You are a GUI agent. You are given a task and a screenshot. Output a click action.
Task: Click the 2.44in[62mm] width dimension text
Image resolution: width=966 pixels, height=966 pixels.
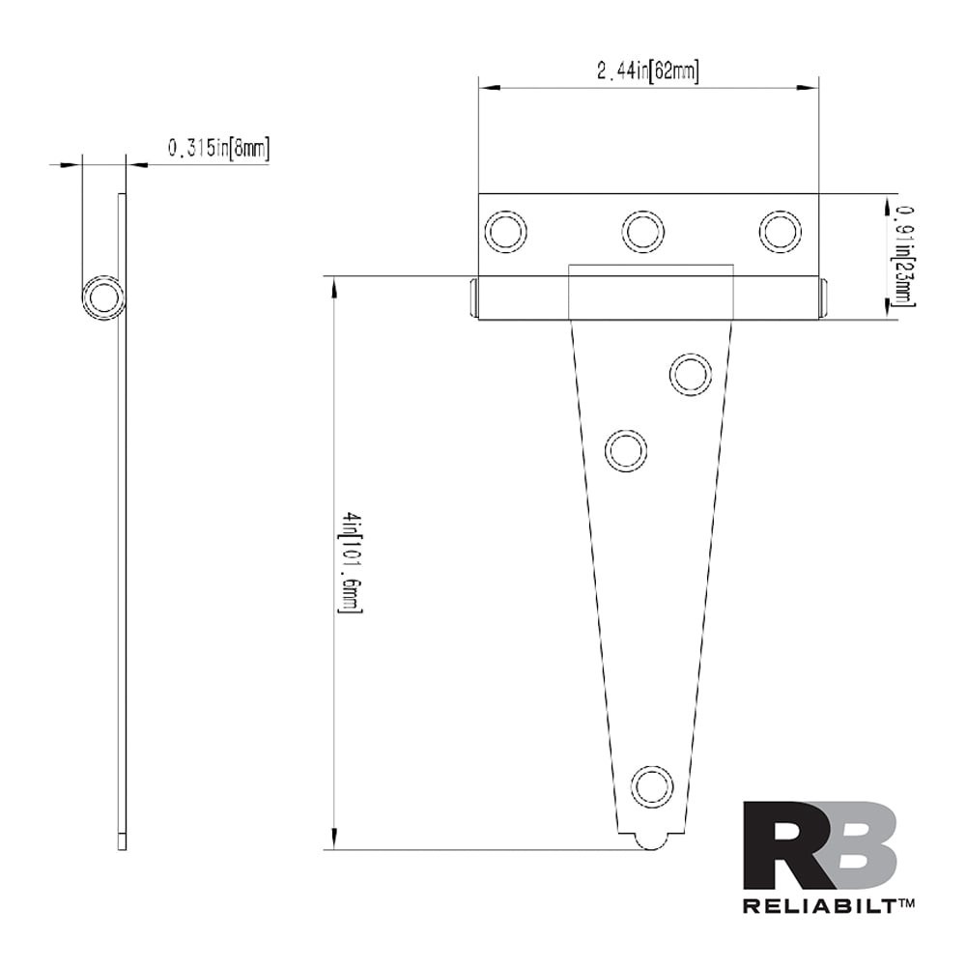coord(647,71)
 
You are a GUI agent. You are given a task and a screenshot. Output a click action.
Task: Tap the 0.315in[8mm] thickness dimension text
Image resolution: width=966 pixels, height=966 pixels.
coord(218,148)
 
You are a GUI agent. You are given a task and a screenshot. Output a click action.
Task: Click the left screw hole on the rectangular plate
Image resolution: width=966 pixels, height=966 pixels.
coord(506,232)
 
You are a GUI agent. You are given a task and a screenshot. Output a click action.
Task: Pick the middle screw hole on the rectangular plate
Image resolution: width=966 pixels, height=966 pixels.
coord(643,232)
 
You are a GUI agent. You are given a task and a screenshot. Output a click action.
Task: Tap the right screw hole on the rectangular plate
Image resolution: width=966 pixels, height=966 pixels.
coord(780,232)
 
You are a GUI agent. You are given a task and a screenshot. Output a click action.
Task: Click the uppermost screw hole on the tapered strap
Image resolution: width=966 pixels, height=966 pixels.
coord(691,374)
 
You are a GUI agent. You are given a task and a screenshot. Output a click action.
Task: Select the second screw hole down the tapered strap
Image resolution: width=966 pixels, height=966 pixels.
coord(626,451)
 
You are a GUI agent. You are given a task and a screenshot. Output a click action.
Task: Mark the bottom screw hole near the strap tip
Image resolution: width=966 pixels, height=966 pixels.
coord(652,786)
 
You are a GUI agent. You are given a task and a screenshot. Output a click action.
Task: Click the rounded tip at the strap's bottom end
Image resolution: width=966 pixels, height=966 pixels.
coord(652,842)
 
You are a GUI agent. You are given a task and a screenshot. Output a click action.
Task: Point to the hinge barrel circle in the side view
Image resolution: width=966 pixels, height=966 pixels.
coord(103,297)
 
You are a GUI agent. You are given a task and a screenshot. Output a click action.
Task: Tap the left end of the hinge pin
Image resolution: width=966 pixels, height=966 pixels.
coord(473,298)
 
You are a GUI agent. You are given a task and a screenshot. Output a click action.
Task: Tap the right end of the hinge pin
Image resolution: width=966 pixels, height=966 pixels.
coord(823,298)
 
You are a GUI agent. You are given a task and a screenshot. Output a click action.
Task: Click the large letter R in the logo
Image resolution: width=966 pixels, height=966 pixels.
coord(779,845)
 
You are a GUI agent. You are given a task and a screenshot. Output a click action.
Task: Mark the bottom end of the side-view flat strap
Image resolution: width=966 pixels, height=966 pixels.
coord(122,842)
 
